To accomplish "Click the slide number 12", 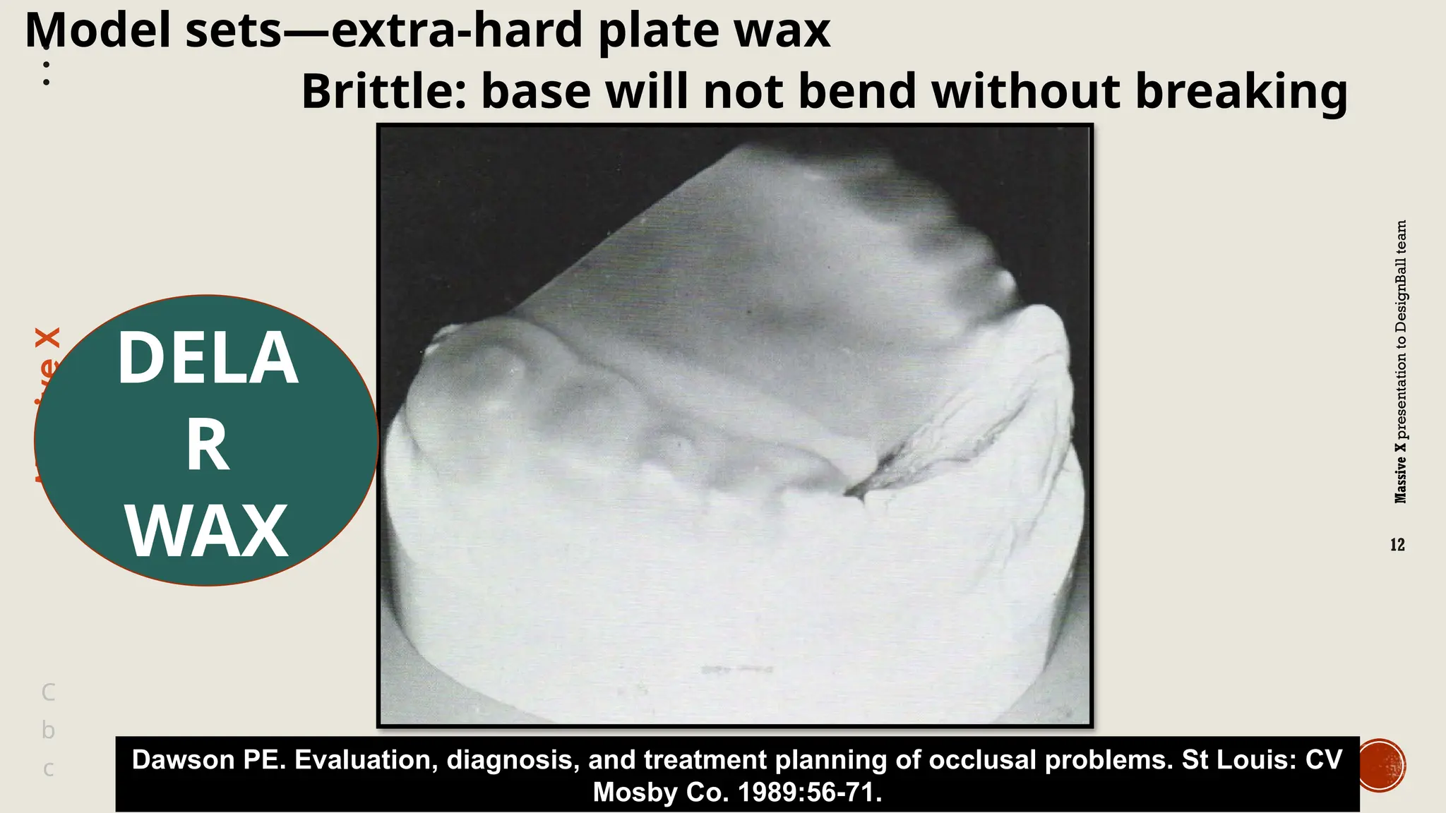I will (1397, 545).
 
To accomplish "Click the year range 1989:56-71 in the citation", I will (810, 793).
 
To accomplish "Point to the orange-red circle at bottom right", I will (1382, 765).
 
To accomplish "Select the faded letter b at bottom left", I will (48, 730).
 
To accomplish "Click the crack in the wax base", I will (868, 480).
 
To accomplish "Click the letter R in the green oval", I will (207, 446).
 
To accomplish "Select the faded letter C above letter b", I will (48, 692).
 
